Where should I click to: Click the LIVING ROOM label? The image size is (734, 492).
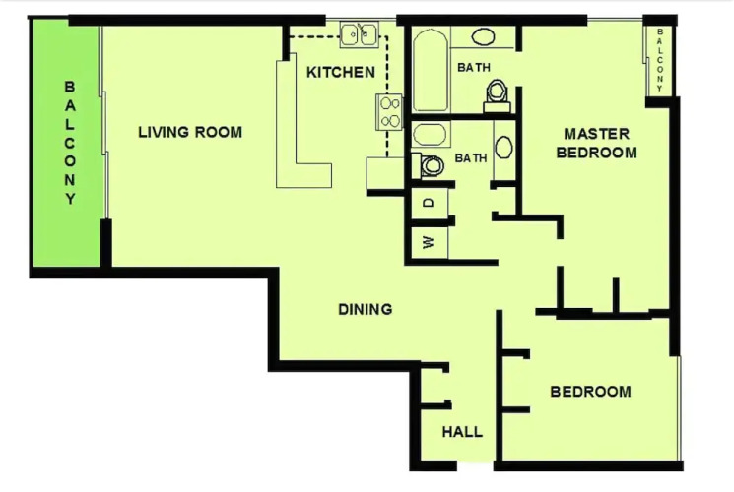190,133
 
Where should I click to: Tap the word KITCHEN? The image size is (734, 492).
341,73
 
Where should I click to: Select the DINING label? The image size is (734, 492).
366,309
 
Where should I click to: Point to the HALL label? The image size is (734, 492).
462,432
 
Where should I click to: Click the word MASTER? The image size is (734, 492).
596,134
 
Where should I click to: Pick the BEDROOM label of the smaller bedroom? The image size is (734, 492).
590,392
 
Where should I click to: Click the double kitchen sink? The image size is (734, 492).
359,34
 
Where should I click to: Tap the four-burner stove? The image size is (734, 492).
389,112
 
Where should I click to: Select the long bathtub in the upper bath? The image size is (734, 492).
431,70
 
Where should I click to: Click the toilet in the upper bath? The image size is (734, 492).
497,95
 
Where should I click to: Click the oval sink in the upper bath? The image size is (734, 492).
483,36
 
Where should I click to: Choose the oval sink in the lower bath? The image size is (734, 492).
503,147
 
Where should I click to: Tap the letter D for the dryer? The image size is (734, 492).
429,203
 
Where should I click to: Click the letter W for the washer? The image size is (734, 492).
429,242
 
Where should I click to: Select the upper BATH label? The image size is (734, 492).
474,68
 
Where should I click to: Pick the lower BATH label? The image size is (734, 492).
471,158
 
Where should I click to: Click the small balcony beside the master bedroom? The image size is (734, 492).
659,59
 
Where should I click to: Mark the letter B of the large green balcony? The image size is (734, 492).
69,87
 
